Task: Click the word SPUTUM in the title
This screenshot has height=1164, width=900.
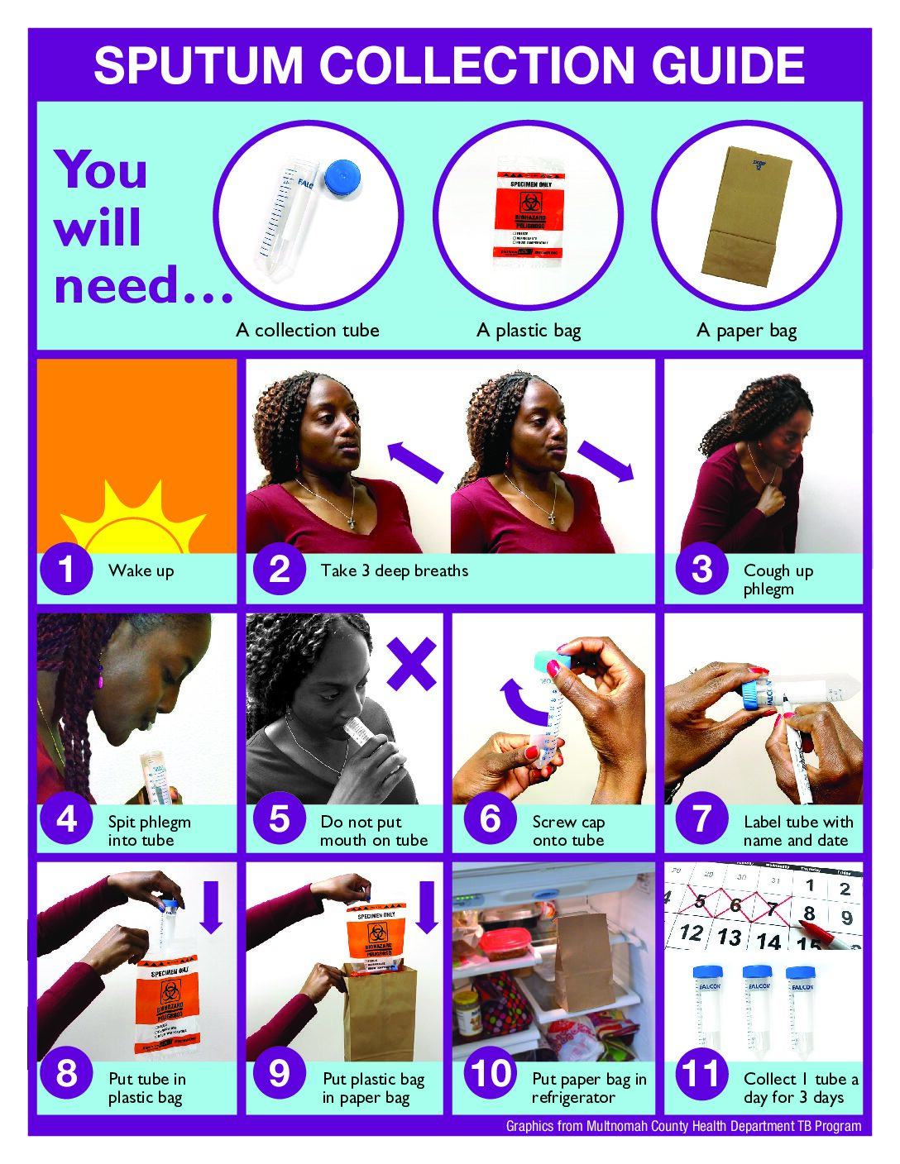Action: tap(199, 66)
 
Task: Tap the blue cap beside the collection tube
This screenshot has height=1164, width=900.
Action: tap(342, 177)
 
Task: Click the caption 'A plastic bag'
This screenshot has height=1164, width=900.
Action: tap(529, 331)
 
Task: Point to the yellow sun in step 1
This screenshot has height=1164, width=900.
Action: tap(132, 521)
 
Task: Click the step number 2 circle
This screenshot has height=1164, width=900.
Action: tap(280, 570)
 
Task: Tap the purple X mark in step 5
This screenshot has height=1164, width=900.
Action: tap(411, 664)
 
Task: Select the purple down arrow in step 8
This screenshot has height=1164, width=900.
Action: tap(212, 906)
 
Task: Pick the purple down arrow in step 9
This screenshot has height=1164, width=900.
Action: tap(427, 906)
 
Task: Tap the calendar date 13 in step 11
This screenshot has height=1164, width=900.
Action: tap(729, 937)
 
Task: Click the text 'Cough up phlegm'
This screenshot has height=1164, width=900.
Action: tap(778, 580)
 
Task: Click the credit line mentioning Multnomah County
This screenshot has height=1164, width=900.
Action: tap(683, 1126)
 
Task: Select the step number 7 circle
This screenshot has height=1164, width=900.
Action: tap(701, 819)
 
